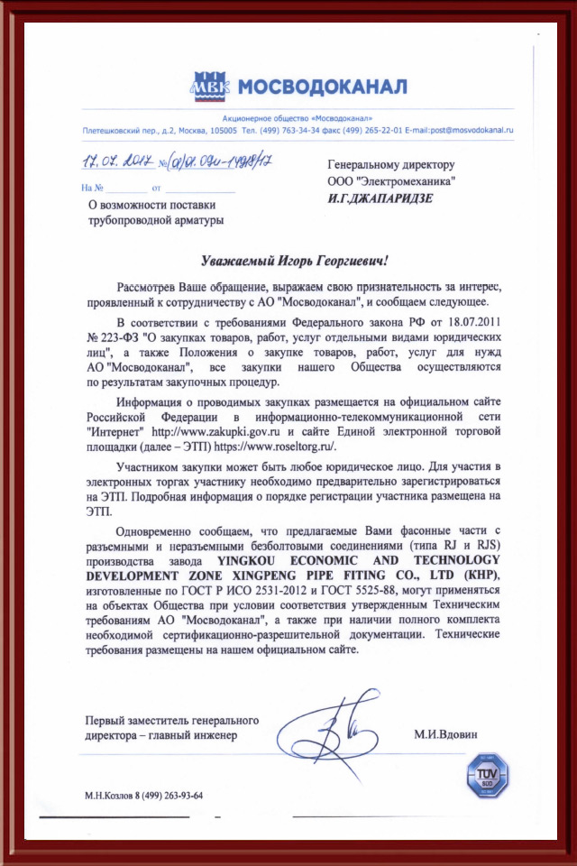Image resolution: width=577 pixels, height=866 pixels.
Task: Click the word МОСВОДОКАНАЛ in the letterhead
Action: tap(321, 87)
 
